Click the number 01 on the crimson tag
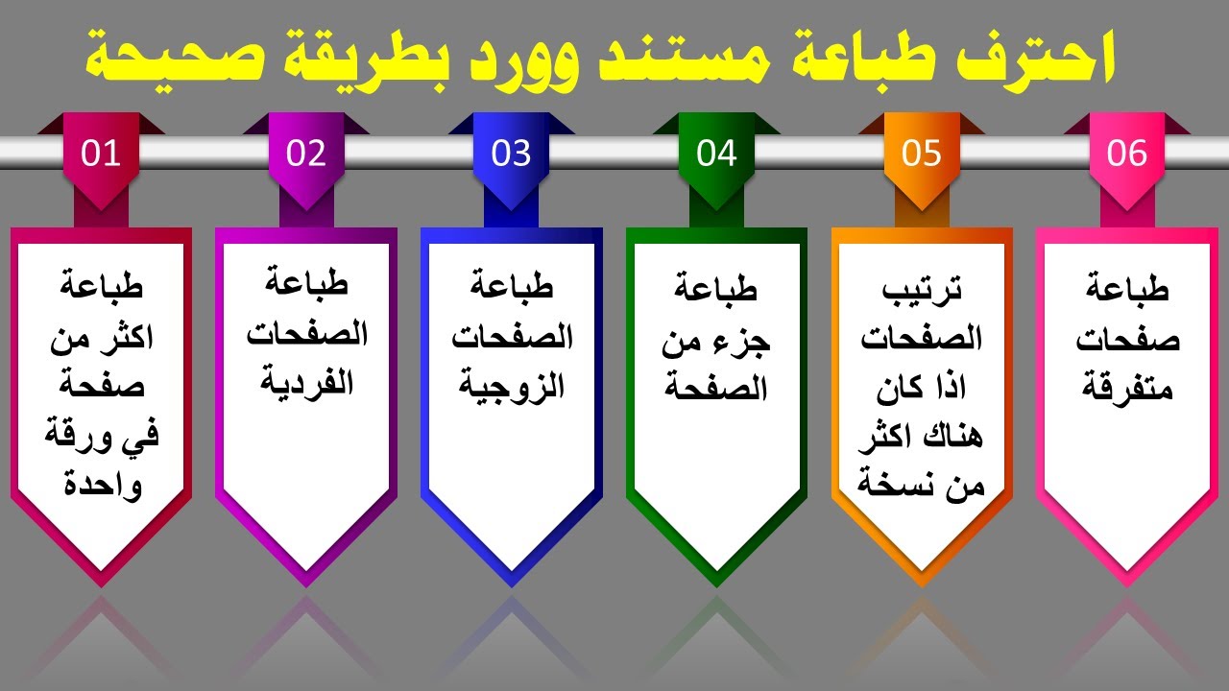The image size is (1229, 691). (x=101, y=154)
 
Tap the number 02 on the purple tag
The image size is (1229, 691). (x=306, y=154)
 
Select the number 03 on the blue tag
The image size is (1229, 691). (x=511, y=154)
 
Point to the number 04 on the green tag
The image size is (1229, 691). (x=716, y=154)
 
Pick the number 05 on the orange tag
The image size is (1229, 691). (x=922, y=154)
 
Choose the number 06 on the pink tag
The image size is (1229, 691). (x=1127, y=154)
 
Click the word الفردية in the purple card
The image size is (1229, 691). (x=306, y=383)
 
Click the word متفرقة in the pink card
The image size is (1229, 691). (x=1128, y=388)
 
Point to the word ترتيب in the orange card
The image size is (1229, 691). (x=922, y=289)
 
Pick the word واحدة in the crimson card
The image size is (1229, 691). (x=102, y=485)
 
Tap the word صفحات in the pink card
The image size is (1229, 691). (x=1128, y=339)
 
